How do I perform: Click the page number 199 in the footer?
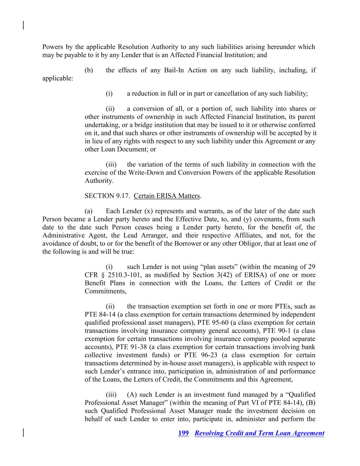click(x=183, y=433)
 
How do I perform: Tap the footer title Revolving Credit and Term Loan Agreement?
click(x=259, y=433)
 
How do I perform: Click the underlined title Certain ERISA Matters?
click(x=167, y=196)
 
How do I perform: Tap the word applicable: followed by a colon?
click(x=58, y=79)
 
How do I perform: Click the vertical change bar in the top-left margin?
click(x=23, y=26)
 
